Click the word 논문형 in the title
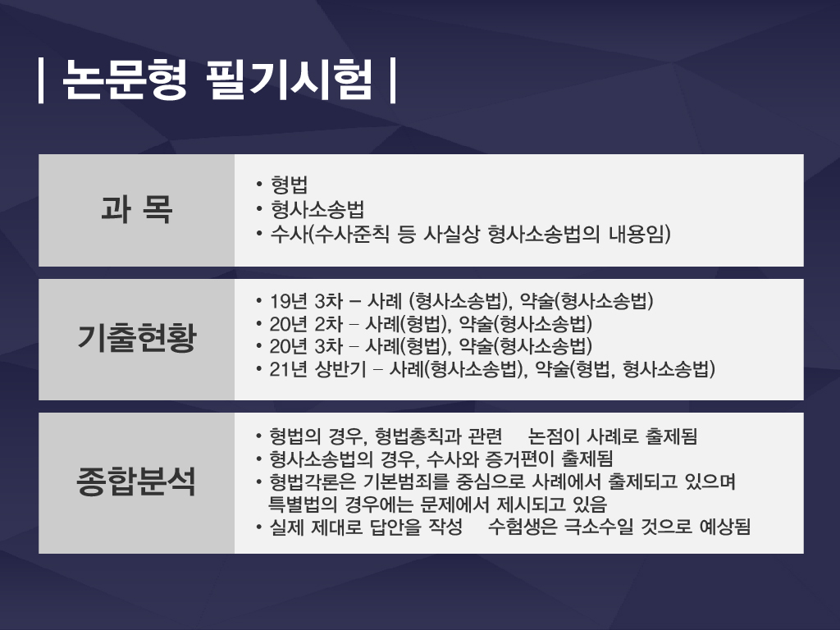coord(125,80)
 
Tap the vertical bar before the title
coord(41,80)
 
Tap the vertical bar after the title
coord(393,80)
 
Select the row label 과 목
coord(137,209)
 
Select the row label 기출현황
coord(137,337)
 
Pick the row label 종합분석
coord(137,481)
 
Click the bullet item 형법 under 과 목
coord(290,185)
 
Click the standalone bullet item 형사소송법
coord(317,209)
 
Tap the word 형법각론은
coord(313,482)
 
